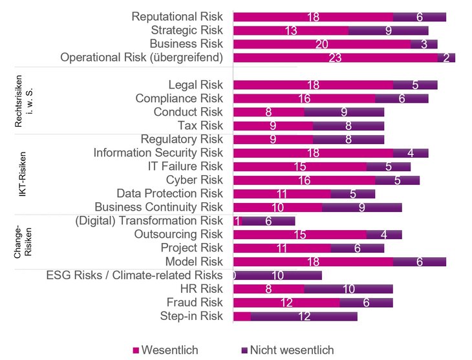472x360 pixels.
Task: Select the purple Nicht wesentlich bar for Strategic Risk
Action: pyautogui.click(x=388, y=30)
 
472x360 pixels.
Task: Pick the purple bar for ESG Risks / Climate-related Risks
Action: pyautogui.click(x=278, y=275)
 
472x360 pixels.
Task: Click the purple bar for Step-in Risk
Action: pyautogui.click(x=303, y=316)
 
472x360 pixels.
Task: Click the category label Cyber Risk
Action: pyautogui.click(x=194, y=180)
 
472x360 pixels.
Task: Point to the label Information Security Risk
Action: pyautogui.click(x=158, y=153)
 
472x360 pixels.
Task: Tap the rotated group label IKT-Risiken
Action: pyautogui.click(x=22, y=175)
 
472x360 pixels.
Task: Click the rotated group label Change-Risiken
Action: pyautogui.click(x=22, y=242)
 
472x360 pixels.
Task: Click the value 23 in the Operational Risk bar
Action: pyautogui.click(x=335, y=58)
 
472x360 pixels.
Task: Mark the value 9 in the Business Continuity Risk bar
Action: pyautogui.click(x=361, y=207)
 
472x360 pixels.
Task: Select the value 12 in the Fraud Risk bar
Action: pyautogui.click(x=286, y=302)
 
